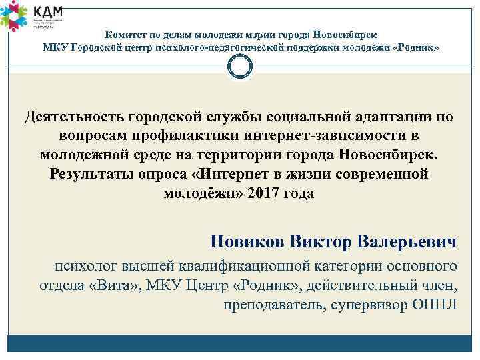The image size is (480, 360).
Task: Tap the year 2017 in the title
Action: tap(261, 194)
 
